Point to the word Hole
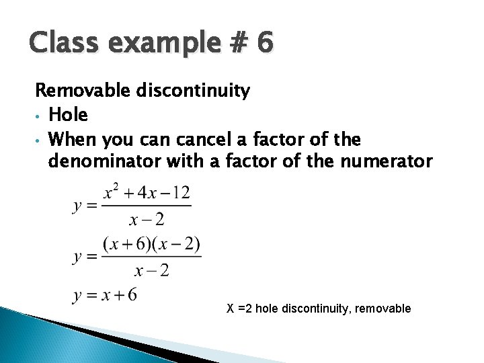pyautogui.click(x=69, y=115)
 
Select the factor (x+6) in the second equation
pyautogui.click(x=129, y=245)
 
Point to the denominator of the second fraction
pyautogui.click(x=152, y=270)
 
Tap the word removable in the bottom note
pyautogui.click(x=382, y=309)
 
